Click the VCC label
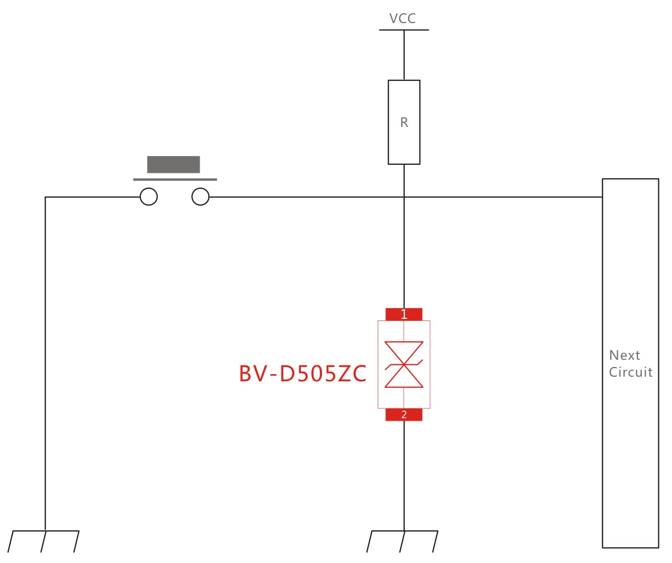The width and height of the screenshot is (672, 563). coord(402,18)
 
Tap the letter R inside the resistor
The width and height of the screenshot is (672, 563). coord(404,123)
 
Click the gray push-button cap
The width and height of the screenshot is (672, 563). coord(174,164)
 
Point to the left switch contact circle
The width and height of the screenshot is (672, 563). coord(149,197)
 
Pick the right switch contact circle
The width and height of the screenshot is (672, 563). coord(200,197)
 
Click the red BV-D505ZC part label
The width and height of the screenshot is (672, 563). coord(302,373)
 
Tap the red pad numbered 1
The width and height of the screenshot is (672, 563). coord(404,314)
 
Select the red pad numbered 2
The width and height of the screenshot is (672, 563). coord(404,415)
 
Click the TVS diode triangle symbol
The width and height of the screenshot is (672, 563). coord(404,364)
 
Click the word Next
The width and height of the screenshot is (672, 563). coord(624,355)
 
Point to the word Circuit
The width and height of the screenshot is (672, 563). coord(631,372)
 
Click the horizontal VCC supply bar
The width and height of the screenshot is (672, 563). coord(404,30)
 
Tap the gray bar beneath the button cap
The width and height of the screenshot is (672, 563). coord(175,180)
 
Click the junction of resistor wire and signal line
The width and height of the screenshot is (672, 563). coord(404,197)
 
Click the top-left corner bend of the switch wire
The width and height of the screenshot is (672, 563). coord(46,197)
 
